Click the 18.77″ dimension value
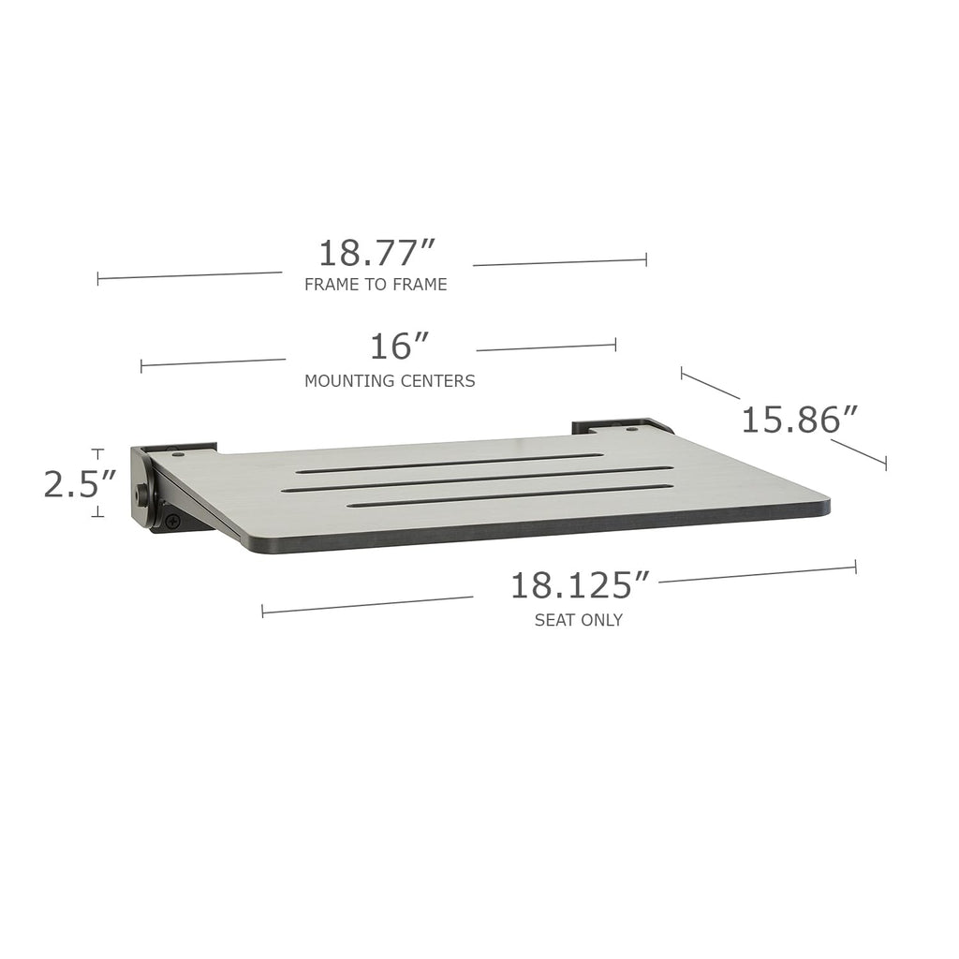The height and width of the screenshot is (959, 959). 376,253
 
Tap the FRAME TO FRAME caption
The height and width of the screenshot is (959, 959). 376,285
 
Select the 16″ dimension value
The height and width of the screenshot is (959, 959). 399,347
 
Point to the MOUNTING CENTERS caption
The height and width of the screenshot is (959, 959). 390,381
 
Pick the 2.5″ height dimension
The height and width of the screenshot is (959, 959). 80,484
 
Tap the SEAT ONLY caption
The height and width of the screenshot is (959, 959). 579,620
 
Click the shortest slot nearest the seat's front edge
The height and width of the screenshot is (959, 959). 510,496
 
